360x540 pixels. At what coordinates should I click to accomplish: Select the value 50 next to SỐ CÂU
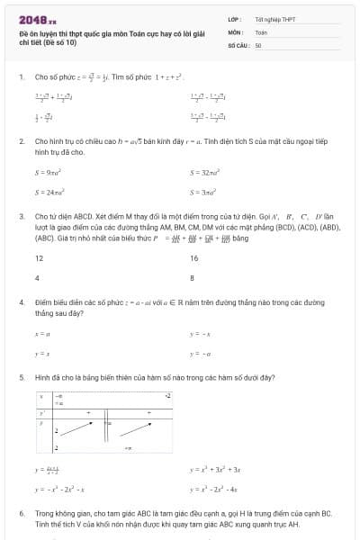[x=258, y=44]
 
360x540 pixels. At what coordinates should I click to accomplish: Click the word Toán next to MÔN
[x=261, y=31]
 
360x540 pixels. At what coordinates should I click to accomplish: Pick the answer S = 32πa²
[x=204, y=171]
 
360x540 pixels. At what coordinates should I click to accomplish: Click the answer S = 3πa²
[x=202, y=192]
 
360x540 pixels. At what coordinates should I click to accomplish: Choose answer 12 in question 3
[x=39, y=258]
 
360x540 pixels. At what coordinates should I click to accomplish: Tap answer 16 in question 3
[x=193, y=258]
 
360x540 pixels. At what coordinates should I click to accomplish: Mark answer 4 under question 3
[x=37, y=278]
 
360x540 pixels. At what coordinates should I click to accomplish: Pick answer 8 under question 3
[x=192, y=278]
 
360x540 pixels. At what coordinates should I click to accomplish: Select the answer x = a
[x=41, y=334]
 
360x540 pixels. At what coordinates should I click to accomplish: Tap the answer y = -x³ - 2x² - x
[x=59, y=490]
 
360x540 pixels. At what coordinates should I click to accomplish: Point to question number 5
[x=21, y=378]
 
